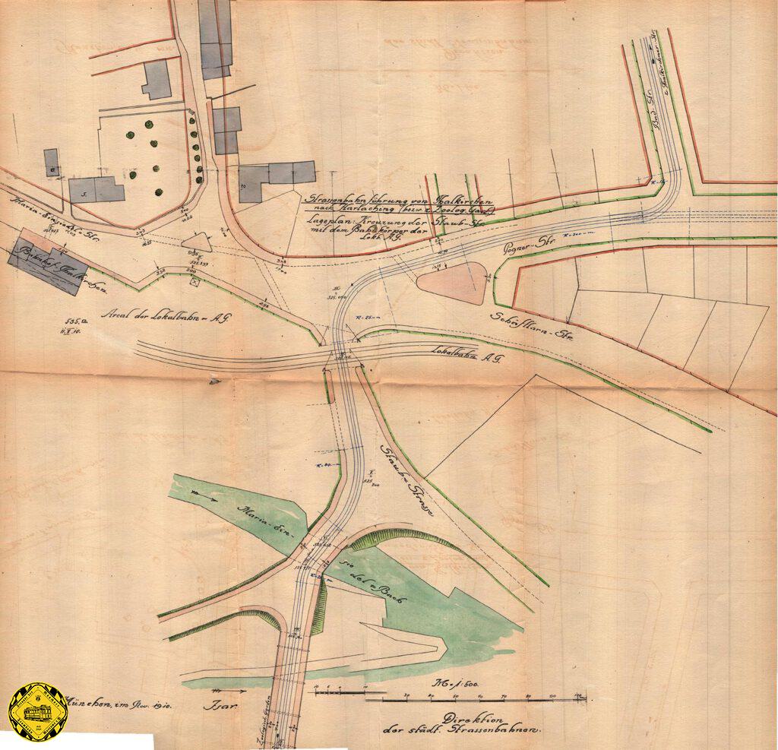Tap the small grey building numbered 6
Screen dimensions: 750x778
[52, 162]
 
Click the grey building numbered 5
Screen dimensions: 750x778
[96, 189]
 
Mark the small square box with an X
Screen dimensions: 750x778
[195, 280]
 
